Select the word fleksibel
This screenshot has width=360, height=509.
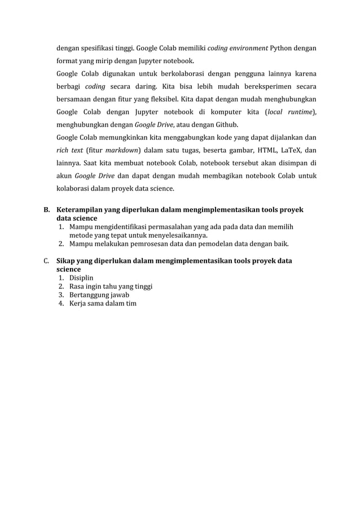159,99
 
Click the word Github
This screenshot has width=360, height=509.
226,125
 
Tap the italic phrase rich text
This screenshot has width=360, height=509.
67,150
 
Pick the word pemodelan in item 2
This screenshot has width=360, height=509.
218,244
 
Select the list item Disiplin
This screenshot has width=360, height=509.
82,278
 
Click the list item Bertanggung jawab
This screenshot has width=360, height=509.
99,295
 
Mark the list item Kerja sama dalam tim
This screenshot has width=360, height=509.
103,304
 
